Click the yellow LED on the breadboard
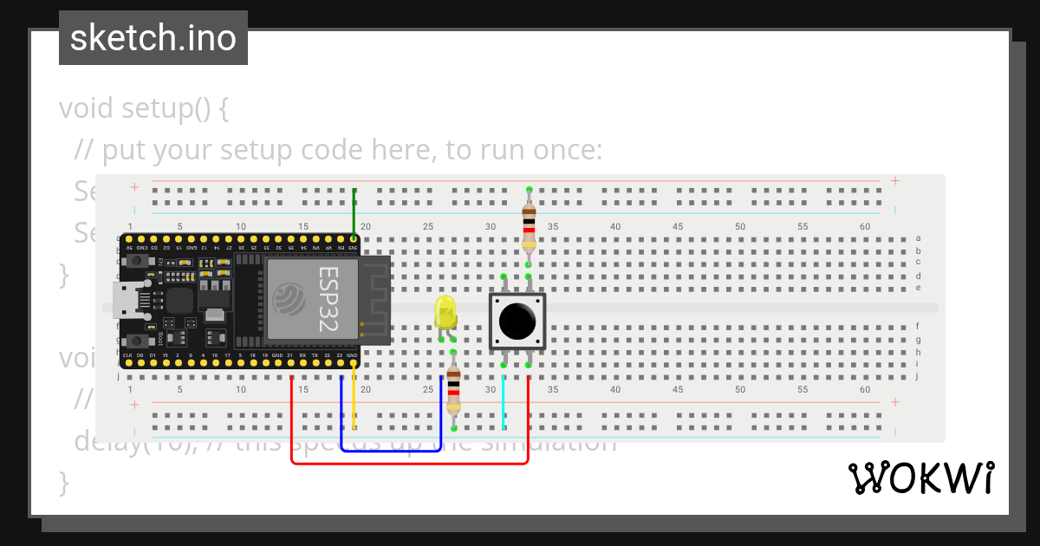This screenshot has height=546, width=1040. pos(445,312)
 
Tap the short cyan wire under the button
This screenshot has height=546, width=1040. pos(504,403)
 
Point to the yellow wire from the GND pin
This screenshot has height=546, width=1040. pos(354,403)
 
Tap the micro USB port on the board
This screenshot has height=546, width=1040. pos(123,299)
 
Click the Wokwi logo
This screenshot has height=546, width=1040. pos(920,478)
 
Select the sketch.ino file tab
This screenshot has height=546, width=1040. pos(153,38)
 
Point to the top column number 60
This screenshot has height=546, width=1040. pos(865,226)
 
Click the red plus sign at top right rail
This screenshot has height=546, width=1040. pos(894,181)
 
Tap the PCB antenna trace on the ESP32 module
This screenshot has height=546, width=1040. pos(374,299)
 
